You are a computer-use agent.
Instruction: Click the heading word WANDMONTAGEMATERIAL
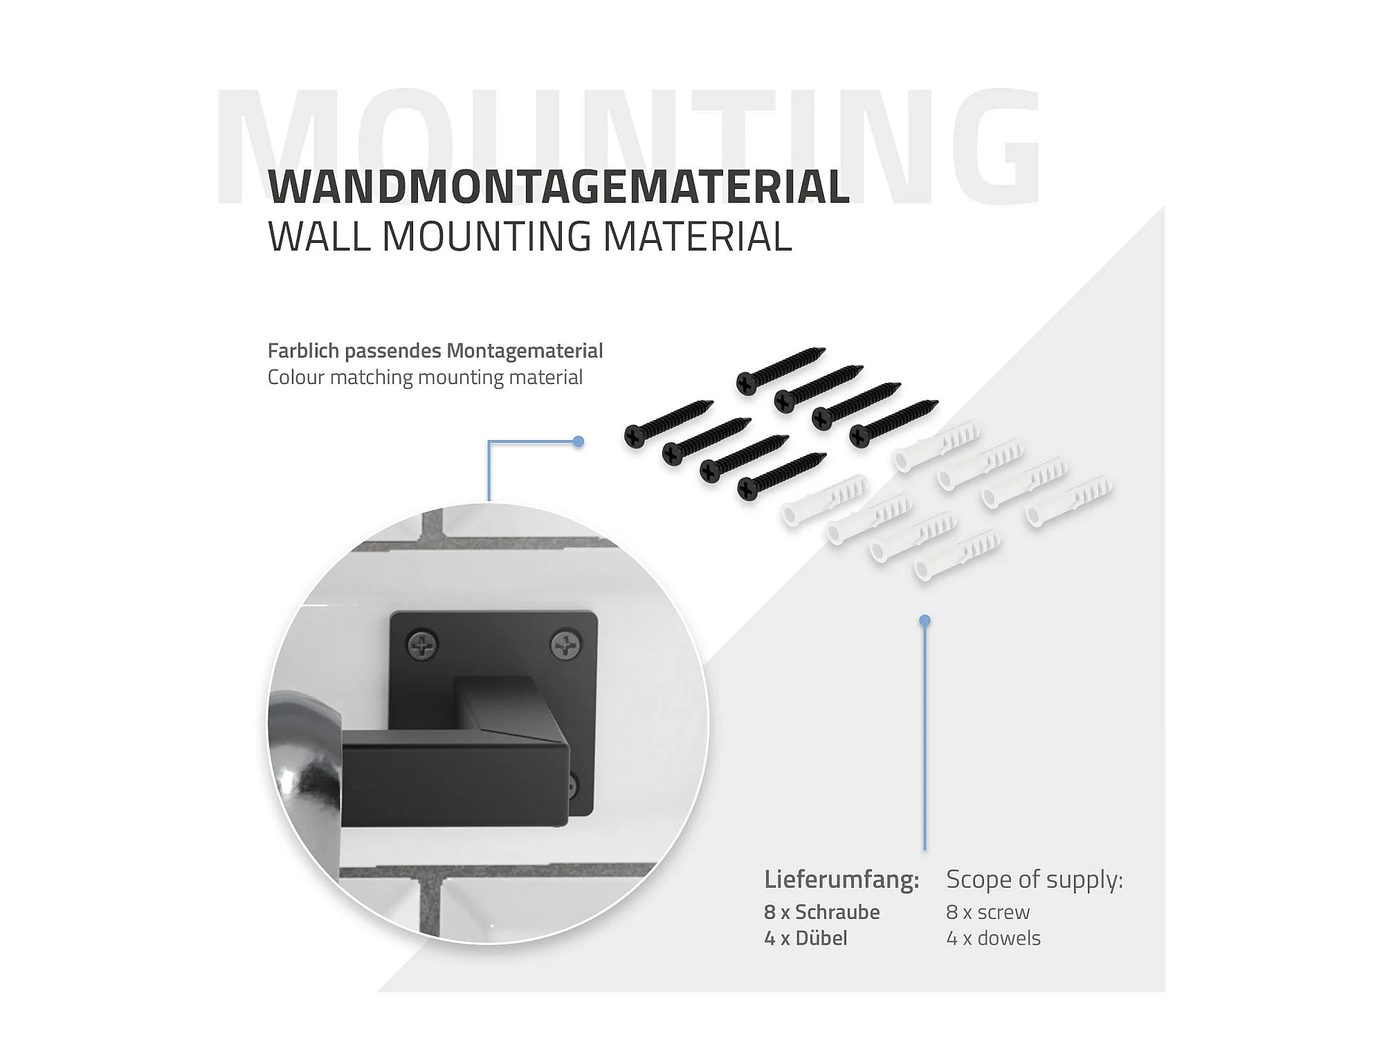click(558, 186)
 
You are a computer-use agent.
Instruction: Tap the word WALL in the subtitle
click(318, 237)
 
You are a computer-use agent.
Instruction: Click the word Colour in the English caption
click(295, 377)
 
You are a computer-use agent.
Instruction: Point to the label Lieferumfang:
click(841, 880)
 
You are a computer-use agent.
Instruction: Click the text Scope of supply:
click(1034, 880)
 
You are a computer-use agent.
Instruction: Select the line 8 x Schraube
click(821, 912)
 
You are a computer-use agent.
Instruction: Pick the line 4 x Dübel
click(805, 938)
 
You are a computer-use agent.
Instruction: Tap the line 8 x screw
click(987, 912)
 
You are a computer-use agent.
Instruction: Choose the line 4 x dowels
click(993, 938)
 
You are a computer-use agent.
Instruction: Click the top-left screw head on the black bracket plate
click(421, 644)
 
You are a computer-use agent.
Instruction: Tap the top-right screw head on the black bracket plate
click(565, 645)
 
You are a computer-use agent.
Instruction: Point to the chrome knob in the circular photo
click(304, 761)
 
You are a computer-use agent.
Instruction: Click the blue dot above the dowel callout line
click(925, 621)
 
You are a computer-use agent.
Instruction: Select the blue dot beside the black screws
click(579, 441)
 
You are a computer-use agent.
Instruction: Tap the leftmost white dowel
click(823, 500)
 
